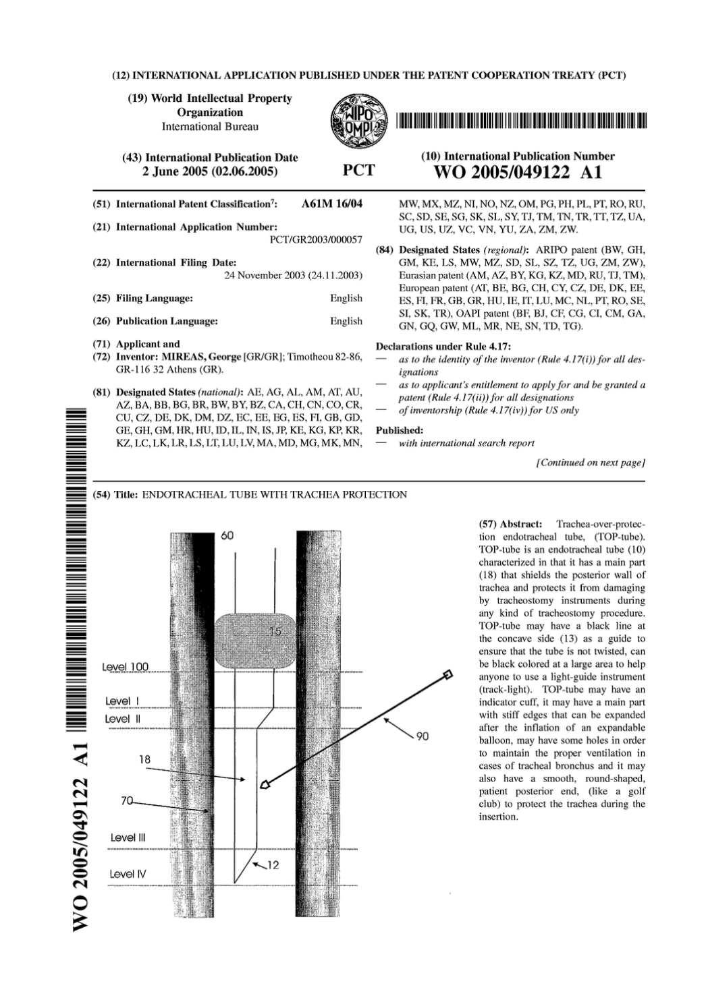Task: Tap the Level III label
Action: (128, 837)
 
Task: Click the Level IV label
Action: (128, 874)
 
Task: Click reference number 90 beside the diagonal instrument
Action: (422, 736)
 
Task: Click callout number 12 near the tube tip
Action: (272, 865)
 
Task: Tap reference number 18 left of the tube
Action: (144, 759)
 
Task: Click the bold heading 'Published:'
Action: (400, 430)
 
